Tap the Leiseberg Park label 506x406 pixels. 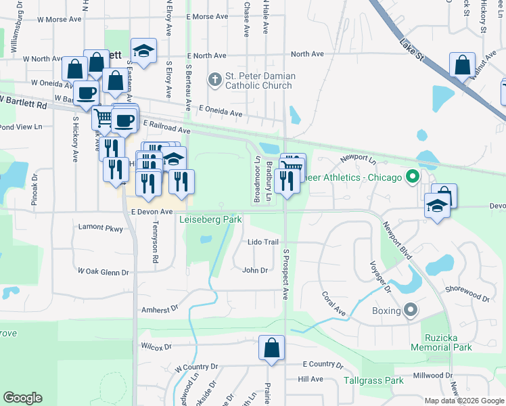210,220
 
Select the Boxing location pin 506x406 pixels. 411,311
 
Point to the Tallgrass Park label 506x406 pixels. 373,381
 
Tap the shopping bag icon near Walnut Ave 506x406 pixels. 462,67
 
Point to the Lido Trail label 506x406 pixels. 263,242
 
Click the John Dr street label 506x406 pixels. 255,271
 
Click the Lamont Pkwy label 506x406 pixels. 100,228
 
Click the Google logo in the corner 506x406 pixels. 23,398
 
